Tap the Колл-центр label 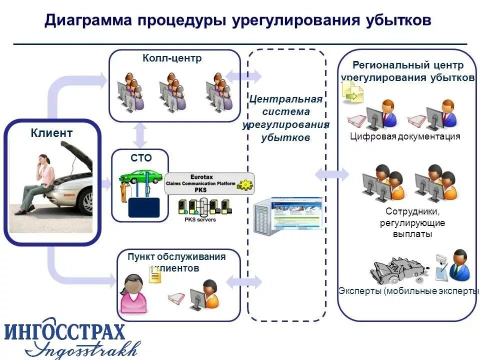pyautogui.click(x=172, y=58)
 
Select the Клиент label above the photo pyautogui.click(x=51, y=133)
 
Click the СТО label pyautogui.click(x=141, y=158)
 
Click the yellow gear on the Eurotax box pyautogui.click(x=245, y=183)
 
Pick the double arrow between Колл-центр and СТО pyautogui.click(x=141, y=135)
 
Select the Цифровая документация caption pyautogui.click(x=405, y=136)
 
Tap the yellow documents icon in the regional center pyautogui.click(x=352, y=92)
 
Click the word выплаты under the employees pyautogui.click(x=409, y=233)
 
